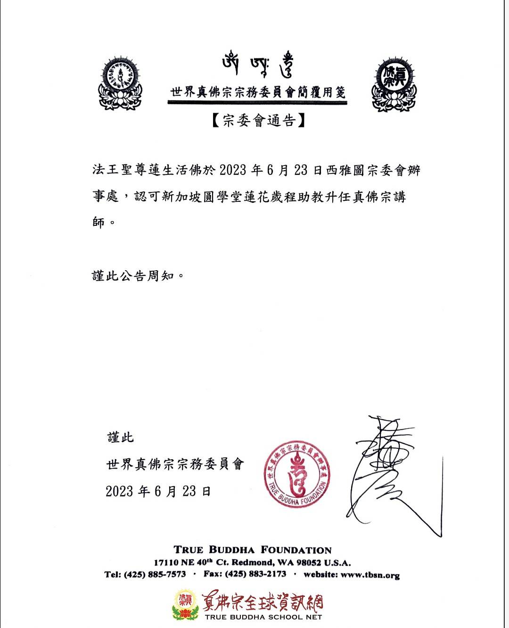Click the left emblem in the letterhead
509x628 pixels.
[x=120, y=84]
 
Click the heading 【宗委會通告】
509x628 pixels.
[x=257, y=121]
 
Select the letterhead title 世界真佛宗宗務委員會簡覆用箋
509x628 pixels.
[x=258, y=92]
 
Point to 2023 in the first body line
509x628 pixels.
[x=233, y=170]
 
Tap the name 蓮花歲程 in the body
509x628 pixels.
[x=267, y=197]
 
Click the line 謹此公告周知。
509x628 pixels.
[x=137, y=275]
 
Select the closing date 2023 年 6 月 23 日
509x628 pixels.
[x=158, y=491]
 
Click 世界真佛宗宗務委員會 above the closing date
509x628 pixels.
[x=175, y=464]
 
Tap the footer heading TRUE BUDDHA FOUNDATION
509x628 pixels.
[x=253, y=550]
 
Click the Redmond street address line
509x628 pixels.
[x=252, y=562]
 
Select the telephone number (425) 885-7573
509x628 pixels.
[x=155, y=574]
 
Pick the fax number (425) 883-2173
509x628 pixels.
[x=255, y=574]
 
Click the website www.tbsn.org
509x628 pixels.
[x=370, y=575]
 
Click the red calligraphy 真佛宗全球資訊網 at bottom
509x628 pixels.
[x=263, y=603]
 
